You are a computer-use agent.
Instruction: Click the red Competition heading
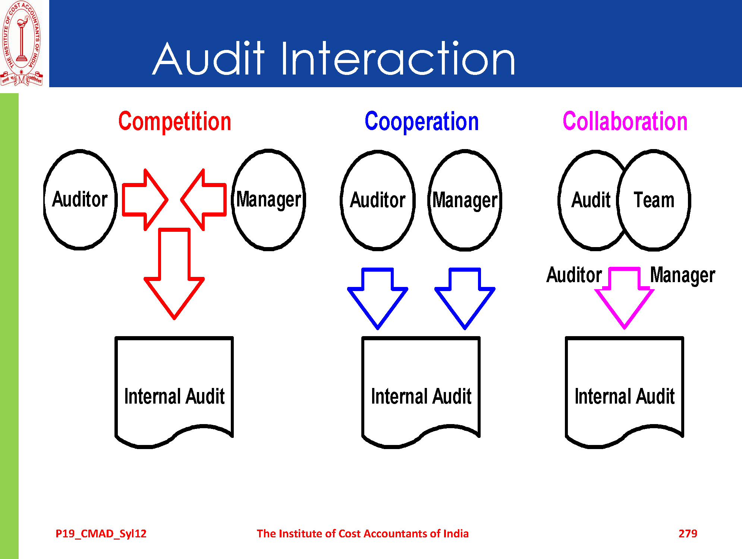(175, 122)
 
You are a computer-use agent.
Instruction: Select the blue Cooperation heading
(421, 122)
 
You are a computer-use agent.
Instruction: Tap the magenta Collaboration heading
(625, 122)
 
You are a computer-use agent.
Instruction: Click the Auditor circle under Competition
(80, 199)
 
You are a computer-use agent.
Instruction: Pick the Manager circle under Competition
(268, 199)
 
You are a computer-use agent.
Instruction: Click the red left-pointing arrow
(204, 200)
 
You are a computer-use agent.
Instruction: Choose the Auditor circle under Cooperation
(378, 200)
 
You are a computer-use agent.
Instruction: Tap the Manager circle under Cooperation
(465, 200)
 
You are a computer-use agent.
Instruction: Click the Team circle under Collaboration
(654, 200)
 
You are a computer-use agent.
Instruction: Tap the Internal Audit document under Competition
(174, 391)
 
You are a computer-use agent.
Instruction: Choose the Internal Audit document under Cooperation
(421, 391)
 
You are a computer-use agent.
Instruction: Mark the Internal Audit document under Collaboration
(625, 391)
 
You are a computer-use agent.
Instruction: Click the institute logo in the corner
(22, 43)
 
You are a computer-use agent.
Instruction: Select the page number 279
(688, 534)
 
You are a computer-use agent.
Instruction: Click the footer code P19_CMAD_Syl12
(101, 534)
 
